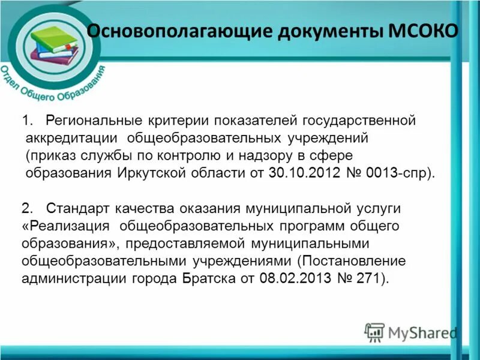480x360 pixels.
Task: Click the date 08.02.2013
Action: point(291,278)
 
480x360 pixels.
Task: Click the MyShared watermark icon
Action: point(374,332)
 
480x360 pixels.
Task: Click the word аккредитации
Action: point(71,139)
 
